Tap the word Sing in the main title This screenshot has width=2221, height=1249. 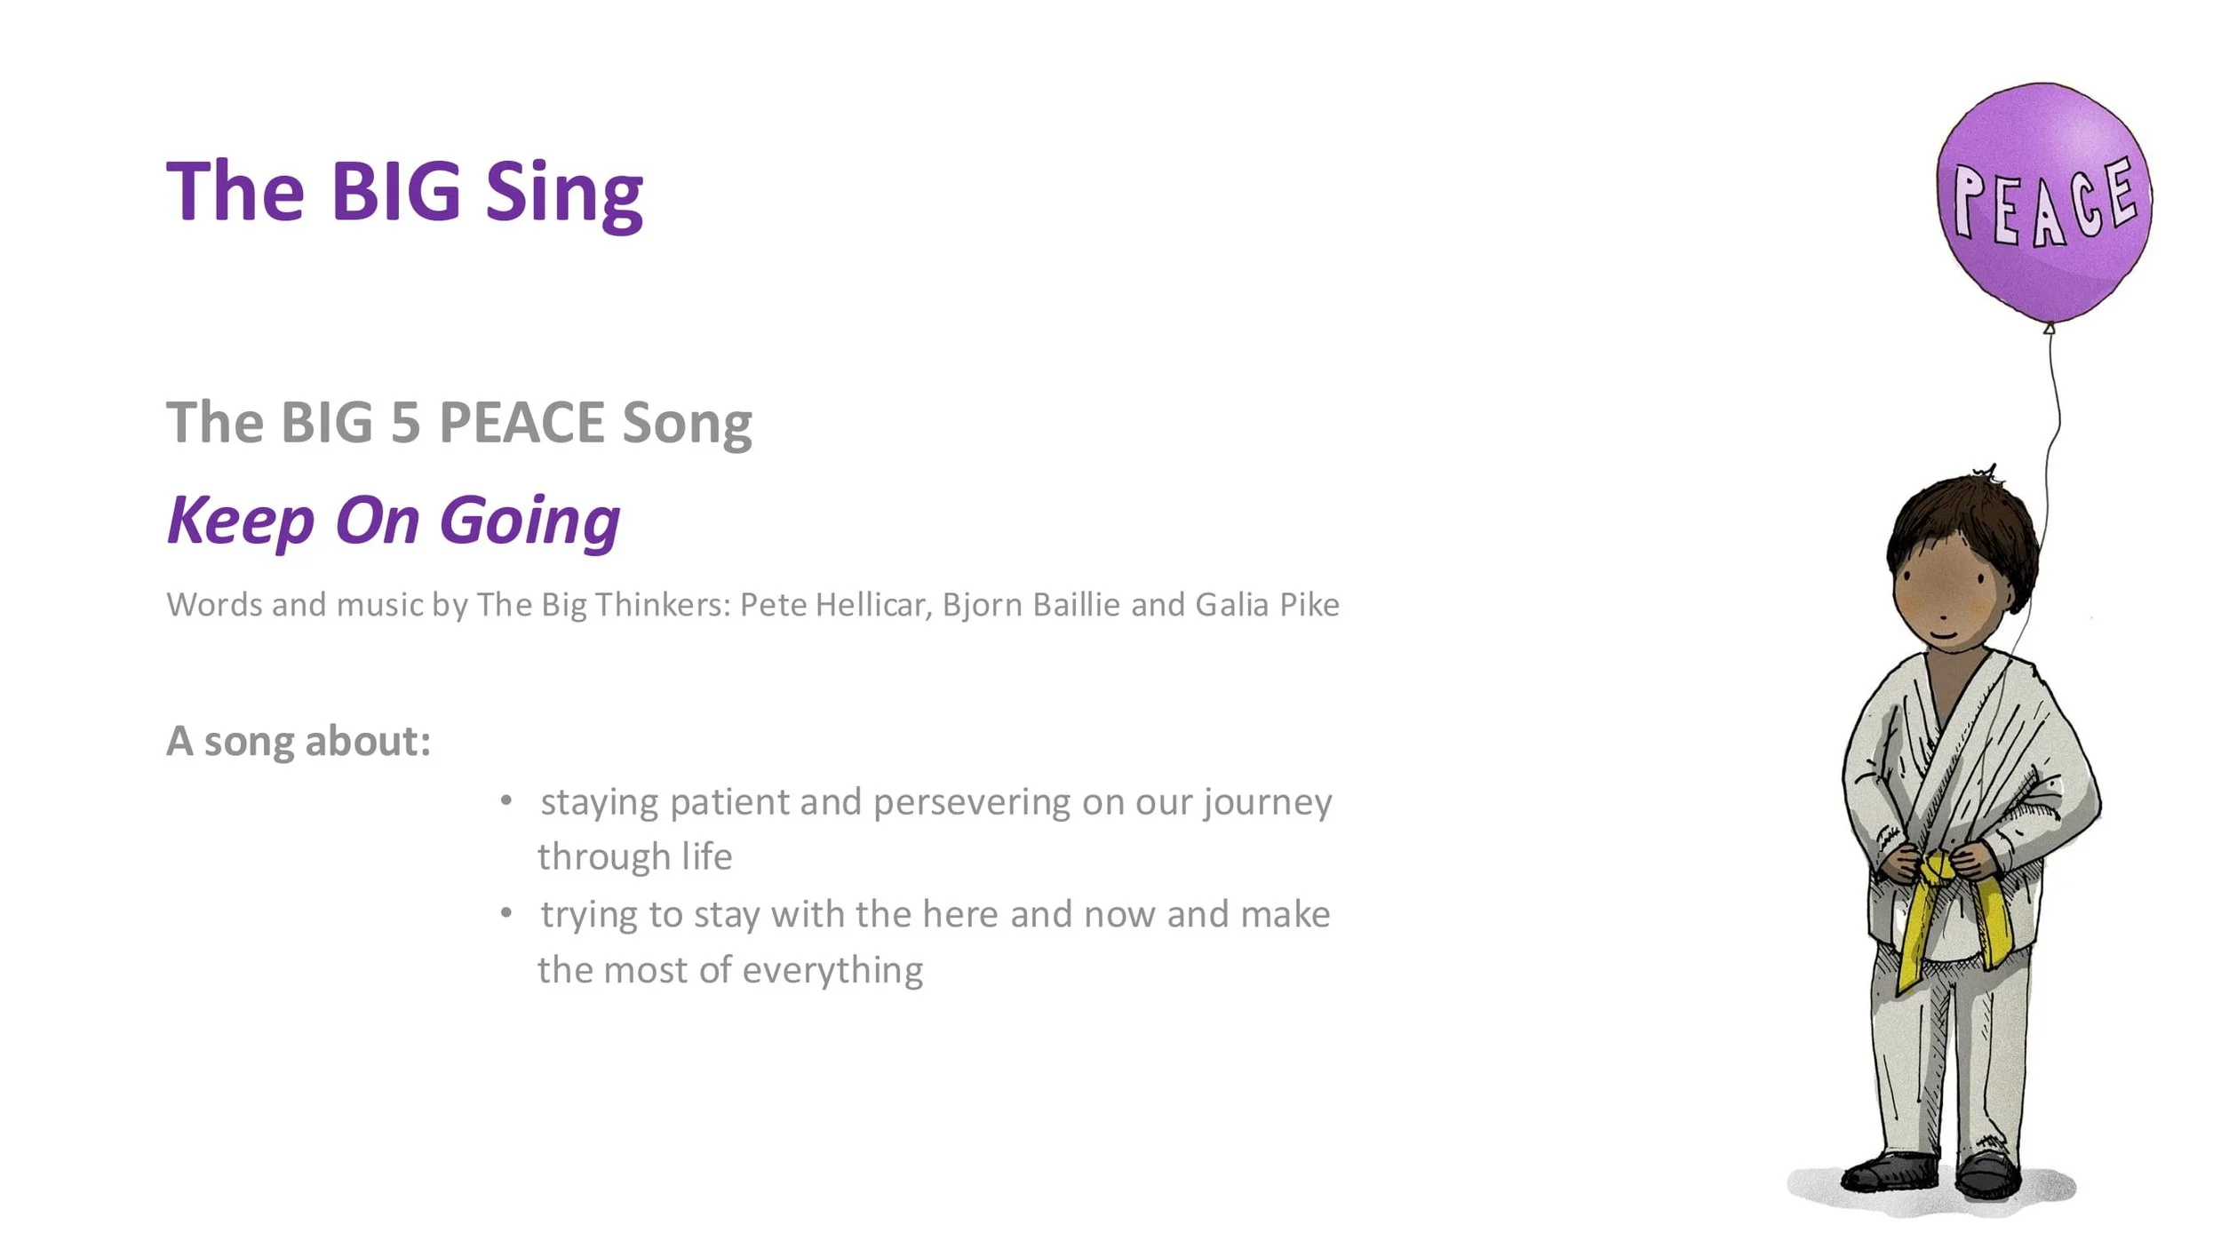point(564,196)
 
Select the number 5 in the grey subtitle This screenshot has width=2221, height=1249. point(405,422)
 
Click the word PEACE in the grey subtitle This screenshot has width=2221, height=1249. point(521,422)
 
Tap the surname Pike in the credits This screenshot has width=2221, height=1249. point(1310,605)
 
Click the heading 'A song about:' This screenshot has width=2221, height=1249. point(299,741)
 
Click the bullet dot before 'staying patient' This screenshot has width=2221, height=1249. point(506,800)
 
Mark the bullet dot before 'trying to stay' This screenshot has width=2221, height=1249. point(506,912)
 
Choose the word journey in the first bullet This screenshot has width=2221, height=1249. point(1268,804)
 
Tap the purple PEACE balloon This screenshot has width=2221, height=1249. point(2043,203)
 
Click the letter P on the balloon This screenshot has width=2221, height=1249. point(1969,203)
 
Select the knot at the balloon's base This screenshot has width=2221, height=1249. point(2050,329)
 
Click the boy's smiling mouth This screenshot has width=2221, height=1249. point(1945,634)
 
